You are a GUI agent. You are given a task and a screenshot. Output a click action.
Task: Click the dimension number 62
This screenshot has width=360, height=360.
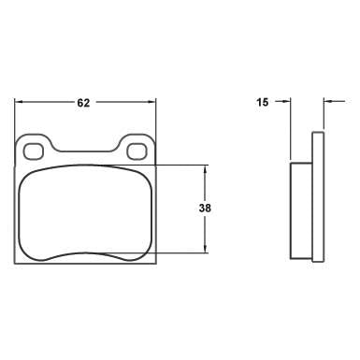pyautogui.click(x=83, y=104)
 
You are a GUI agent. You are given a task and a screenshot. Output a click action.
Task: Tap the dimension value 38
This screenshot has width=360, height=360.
pyautogui.click(x=205, y=209)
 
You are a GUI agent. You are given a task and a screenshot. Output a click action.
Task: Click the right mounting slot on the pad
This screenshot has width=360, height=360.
pyautogui.click(x=136, y=150)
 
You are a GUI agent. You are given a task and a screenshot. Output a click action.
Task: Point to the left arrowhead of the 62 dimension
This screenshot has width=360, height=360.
pyautogui.click(x=22, y=104)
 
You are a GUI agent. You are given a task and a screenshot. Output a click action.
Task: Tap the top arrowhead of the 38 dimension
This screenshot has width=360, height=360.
pyautogui.click(x=205, y=169)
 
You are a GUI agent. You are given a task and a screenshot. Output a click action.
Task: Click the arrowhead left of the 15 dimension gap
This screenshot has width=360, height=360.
pyautogui.click(x=286, y=104)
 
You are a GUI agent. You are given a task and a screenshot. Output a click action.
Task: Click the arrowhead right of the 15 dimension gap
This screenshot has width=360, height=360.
pyautogui.click(x=327, y=104)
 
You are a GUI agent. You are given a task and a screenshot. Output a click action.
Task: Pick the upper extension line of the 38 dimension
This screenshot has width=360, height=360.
pyautogui.click(x=182, y=165)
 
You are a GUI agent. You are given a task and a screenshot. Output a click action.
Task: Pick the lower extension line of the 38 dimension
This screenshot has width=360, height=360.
pyautogui.click(x=182, y=253)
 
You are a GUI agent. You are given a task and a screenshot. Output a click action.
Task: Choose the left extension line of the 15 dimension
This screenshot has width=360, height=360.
pyautogui.click(x=290, y=131)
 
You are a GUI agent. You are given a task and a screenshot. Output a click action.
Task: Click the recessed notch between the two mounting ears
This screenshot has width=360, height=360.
pyautogui.click(x=85, y=148)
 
